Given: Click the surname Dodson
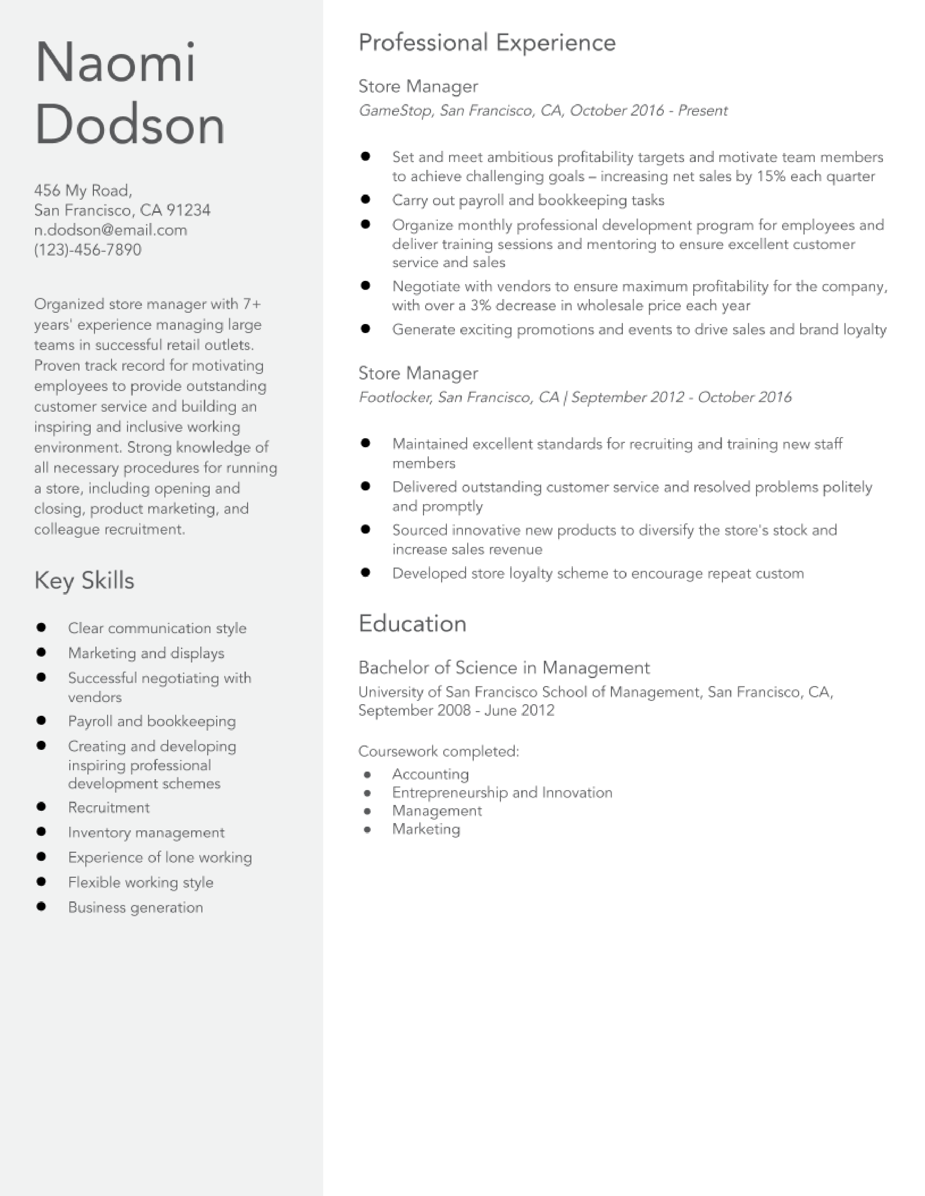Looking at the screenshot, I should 129,125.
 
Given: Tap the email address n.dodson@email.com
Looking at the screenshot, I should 110,230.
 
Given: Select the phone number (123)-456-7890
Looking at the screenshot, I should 88,250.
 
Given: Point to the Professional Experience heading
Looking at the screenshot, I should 486,43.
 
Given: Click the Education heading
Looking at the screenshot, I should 412,624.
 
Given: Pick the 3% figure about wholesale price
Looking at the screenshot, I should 481,306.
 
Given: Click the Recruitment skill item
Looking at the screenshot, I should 108,808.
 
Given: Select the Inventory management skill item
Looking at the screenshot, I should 146,832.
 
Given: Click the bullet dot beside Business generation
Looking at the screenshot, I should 41,907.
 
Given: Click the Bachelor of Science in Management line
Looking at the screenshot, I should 503,668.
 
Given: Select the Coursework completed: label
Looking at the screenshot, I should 439,751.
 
